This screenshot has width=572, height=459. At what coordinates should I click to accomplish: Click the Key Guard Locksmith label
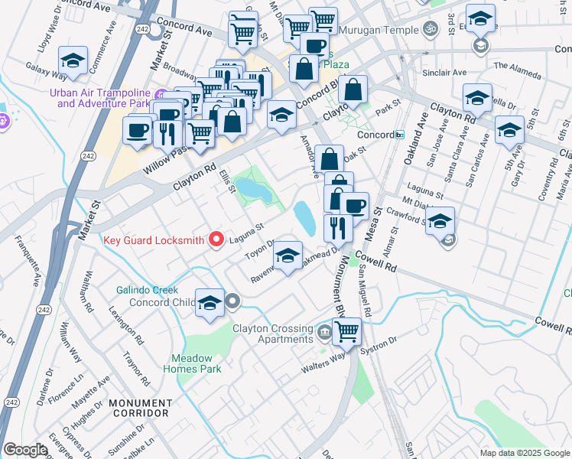point(154,240)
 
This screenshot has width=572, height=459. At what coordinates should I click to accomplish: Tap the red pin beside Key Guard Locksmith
point(216,240)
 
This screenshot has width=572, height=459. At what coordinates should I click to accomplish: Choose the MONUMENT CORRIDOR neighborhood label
point(139,408)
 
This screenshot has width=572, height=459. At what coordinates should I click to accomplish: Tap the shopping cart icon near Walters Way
point(346,330)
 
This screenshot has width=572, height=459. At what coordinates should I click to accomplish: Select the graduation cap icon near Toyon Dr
point(288,256)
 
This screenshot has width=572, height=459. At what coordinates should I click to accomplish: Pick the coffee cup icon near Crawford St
point(354,206)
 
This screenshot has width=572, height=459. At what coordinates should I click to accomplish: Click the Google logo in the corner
point(25,450)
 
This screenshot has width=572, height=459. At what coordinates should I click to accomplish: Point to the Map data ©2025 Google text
point(524,452)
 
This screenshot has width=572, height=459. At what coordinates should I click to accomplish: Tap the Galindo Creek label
point(148,291)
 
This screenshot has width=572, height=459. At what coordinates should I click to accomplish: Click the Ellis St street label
point(226,181)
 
